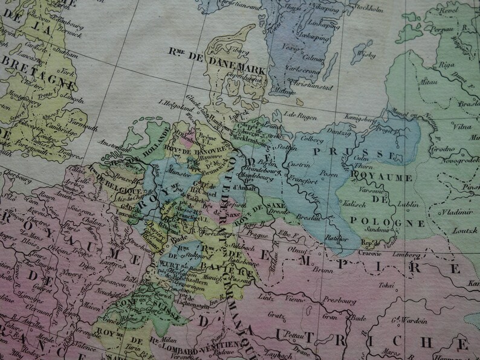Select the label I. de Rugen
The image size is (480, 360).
click(296, 114)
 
